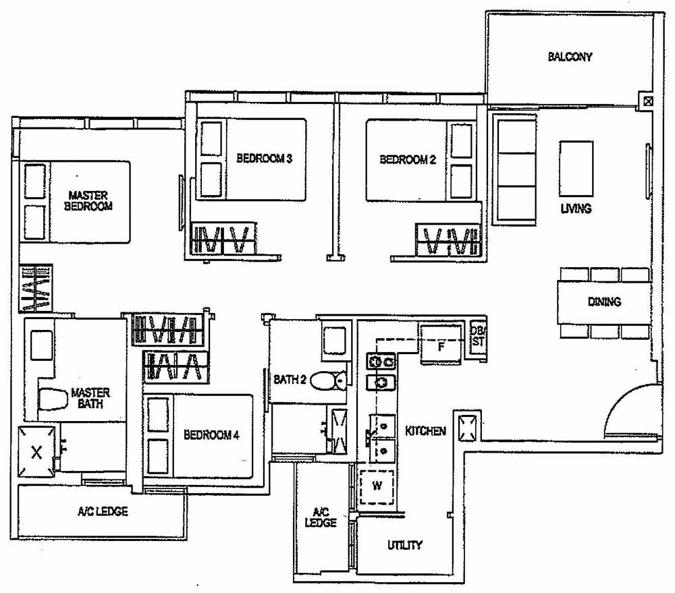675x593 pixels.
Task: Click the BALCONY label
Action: (570, 57)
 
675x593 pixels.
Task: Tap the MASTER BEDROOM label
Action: (88, 201)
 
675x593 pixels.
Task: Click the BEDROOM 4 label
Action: (211, 435)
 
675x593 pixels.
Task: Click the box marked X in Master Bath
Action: (37, 453)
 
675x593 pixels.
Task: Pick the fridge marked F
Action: (440, 347)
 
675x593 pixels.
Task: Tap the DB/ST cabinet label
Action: (478, 335)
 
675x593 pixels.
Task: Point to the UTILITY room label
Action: (404, 545)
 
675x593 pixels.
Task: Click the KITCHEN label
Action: (425, 430)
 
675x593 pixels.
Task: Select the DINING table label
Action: (603, 302)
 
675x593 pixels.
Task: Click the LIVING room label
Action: (576, 208)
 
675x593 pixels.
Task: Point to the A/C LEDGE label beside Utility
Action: (320, 517)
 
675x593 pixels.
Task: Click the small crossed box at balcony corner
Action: (648, 103)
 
